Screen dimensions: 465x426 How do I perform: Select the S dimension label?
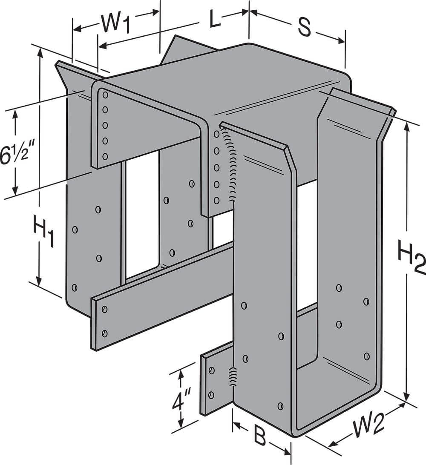coord(303,27)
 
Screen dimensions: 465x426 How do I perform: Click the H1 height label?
coord(43,232)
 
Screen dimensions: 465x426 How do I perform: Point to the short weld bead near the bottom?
coord(233,377)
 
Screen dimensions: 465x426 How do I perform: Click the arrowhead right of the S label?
coord(340,40)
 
